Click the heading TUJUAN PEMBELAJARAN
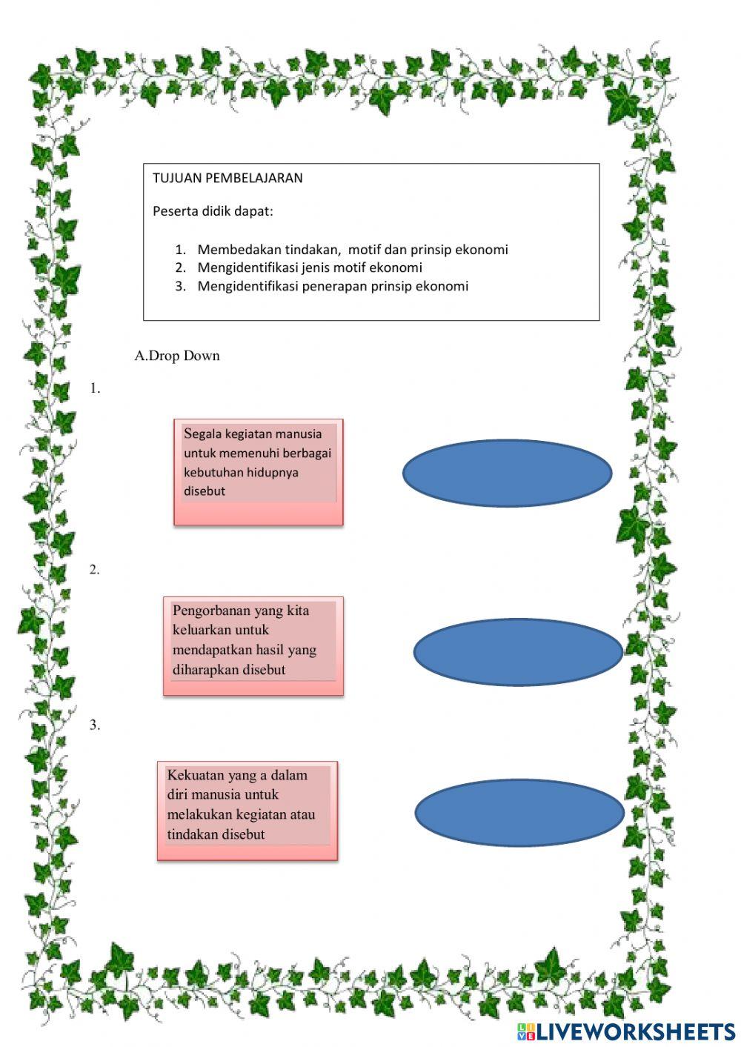(x=227, y=178)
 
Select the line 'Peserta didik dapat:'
(x=213, y=211)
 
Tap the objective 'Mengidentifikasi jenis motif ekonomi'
(x=309, y=267)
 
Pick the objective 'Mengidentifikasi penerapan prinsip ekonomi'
(x=333, y=286)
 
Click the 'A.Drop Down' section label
(x=177, y=356)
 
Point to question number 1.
(x=95, y=388)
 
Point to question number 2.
(x=95, y=570)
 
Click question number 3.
(x=95, y=725)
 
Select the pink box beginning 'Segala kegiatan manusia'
(x=258, y=472)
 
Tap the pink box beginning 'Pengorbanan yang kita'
(x=253, y=645)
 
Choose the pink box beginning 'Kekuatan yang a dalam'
(x=247, y=810)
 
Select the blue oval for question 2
(x=517, y=651)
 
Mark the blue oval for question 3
(x=519, y=812)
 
